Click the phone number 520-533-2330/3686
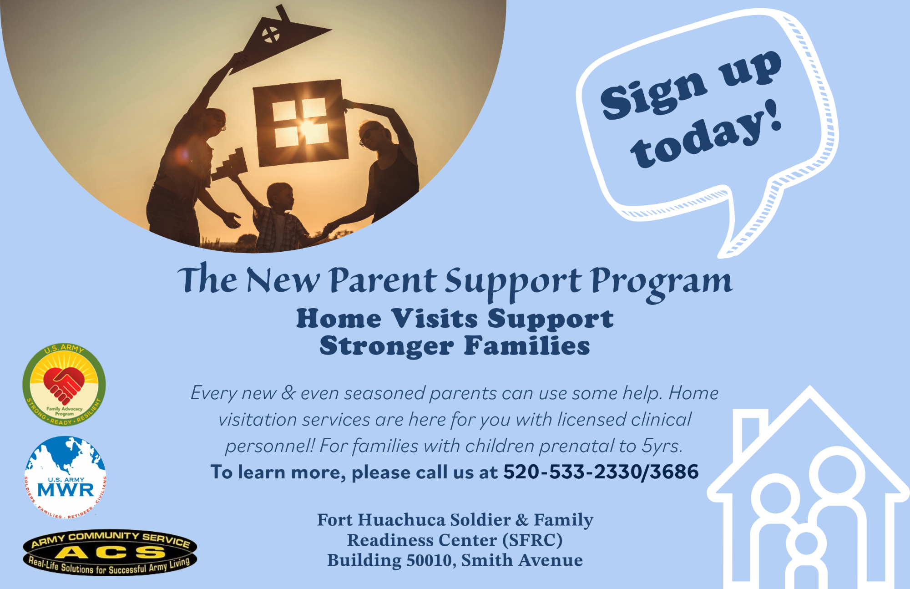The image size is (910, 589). pos(601,472)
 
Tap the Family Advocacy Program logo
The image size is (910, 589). pos(64,385)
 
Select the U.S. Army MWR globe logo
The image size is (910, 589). pos(66,477)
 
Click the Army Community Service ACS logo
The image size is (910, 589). pos(110,552)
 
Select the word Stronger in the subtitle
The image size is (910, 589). pos(387,346)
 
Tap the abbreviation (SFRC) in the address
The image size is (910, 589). pos(532,540)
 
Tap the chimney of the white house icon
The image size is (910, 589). pos(750,430)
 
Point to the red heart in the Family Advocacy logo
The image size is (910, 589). pos(64,385)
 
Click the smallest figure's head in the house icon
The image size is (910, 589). pos(806,543)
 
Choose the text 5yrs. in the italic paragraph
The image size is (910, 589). pos(662,446)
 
